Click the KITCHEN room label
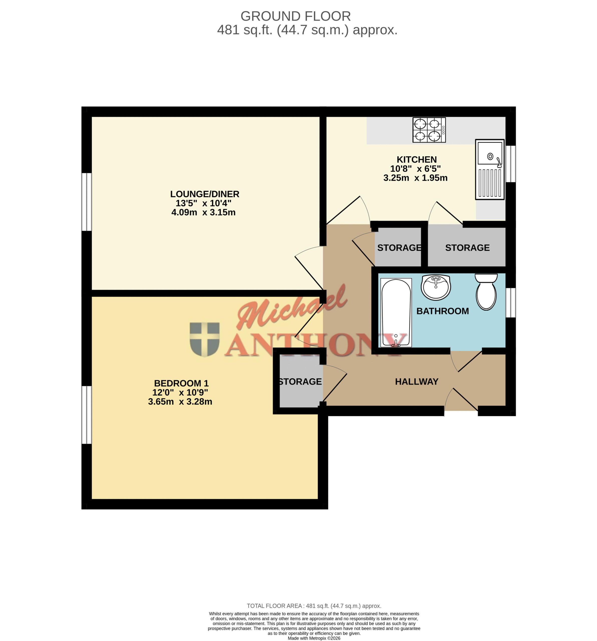click(x=416, y=159)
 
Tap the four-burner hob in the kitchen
click(x=429, y=130)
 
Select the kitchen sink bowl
click(x=490, y=153)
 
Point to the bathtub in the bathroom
click(x=396, y=313)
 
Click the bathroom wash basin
click(x=435, y=287)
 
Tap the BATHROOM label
click(x=442, y=311)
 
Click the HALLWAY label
click(x=417, y=382)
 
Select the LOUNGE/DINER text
click(x=205, y=194)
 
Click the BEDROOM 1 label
click(x=181, y=383)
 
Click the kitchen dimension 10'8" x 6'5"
click(x=415, y=169)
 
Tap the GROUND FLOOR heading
click(x=295, y=16)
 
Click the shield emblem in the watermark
click(x=205, y=340)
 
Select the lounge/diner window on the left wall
click(x=86, y=202)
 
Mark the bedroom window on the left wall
click(x=86, y=415)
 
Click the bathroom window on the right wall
click(x=511, y=303)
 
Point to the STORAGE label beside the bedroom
click(x=300, y=382)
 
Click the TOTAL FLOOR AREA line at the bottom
click(x=314, y=606)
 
